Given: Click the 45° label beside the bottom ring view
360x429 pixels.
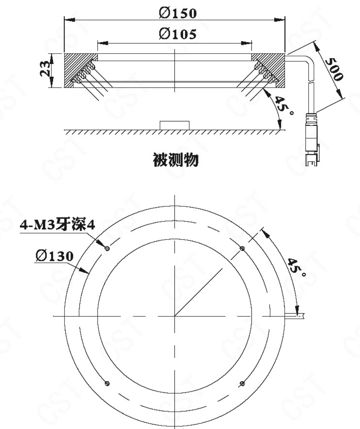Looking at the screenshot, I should (296, 267).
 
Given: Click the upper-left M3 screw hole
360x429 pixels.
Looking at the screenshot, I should (107, 249).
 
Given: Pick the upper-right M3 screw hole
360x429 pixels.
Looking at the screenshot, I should (242, 249).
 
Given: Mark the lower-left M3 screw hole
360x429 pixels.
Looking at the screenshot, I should (107, 384).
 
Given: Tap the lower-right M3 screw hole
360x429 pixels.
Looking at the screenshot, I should (242, 384).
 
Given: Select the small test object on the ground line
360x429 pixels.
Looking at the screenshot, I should (174, 125).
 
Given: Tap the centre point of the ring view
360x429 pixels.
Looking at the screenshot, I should (175, 316).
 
